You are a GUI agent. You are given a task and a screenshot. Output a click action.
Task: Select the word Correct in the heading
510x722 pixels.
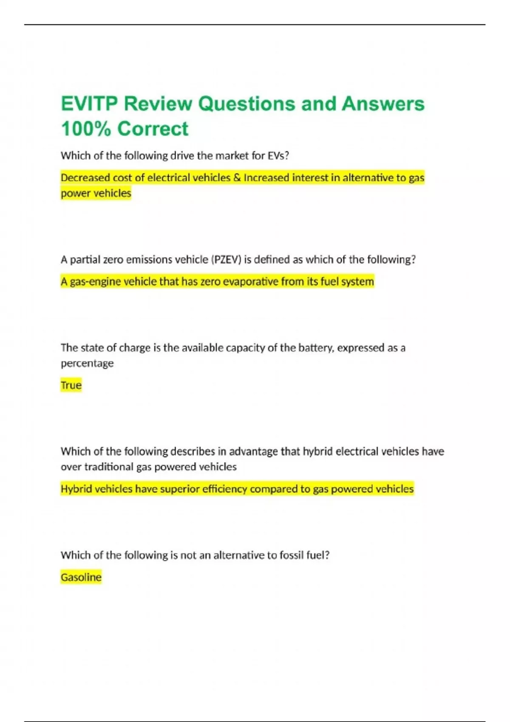pyautogui.click(x=153, y=129)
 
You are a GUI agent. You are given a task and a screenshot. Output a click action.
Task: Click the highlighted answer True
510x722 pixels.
pyautogui.click(x=71, y=385)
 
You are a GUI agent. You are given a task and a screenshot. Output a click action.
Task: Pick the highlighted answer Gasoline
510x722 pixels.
pyautogui.click(x=81, y=577)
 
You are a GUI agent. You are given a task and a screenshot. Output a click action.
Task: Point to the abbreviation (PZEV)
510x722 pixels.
pyautogui.click(x=226, y=259)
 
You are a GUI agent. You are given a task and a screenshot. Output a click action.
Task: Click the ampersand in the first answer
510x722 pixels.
pyautogui.click(x=237, y=178)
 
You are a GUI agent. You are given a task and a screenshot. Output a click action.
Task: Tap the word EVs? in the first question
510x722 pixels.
pyautogui.click(x=278, y=156)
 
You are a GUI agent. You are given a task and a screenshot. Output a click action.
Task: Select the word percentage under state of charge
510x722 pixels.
pyautogui.click(x=87, y=364)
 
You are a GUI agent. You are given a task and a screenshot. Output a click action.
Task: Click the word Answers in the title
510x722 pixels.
pyautogui.click(x=383, y=104)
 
